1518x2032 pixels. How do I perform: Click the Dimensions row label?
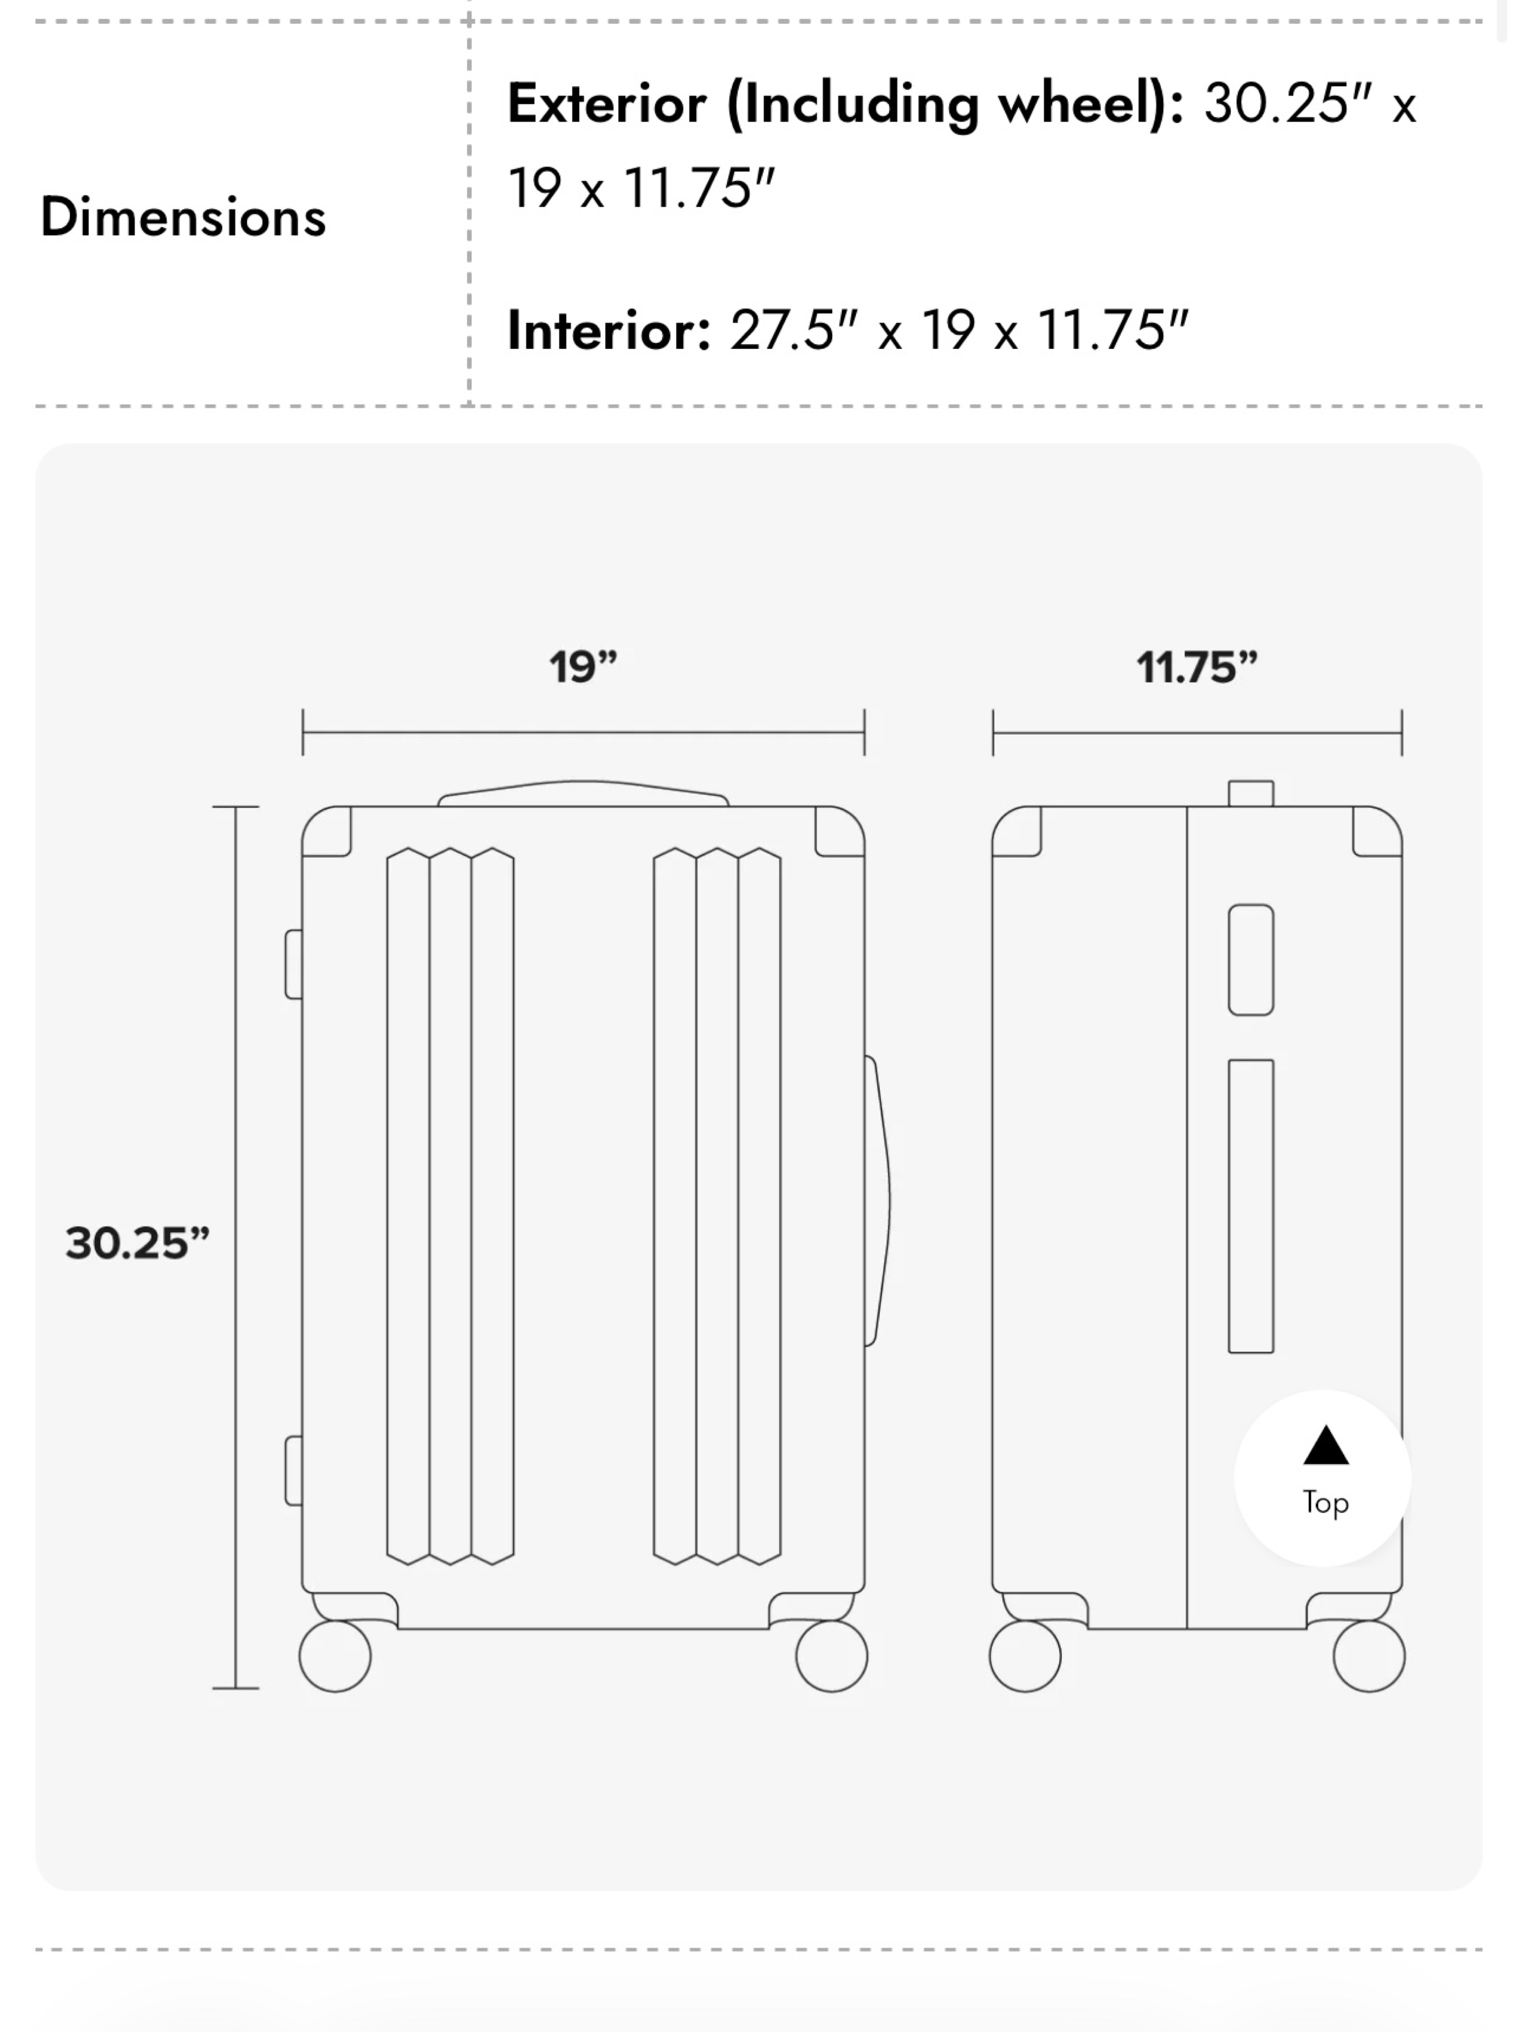(183, 218)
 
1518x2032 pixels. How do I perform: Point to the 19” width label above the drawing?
(583, 667)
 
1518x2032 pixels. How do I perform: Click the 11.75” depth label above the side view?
(1197, 667)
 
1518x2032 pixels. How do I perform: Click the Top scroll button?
(1323, 1477)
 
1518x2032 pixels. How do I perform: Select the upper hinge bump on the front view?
(294, 963)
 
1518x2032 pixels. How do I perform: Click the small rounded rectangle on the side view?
(1251, 960)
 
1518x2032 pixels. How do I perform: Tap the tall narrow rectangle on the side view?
(1251, 1206)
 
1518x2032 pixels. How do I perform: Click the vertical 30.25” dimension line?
(235, 1248)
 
